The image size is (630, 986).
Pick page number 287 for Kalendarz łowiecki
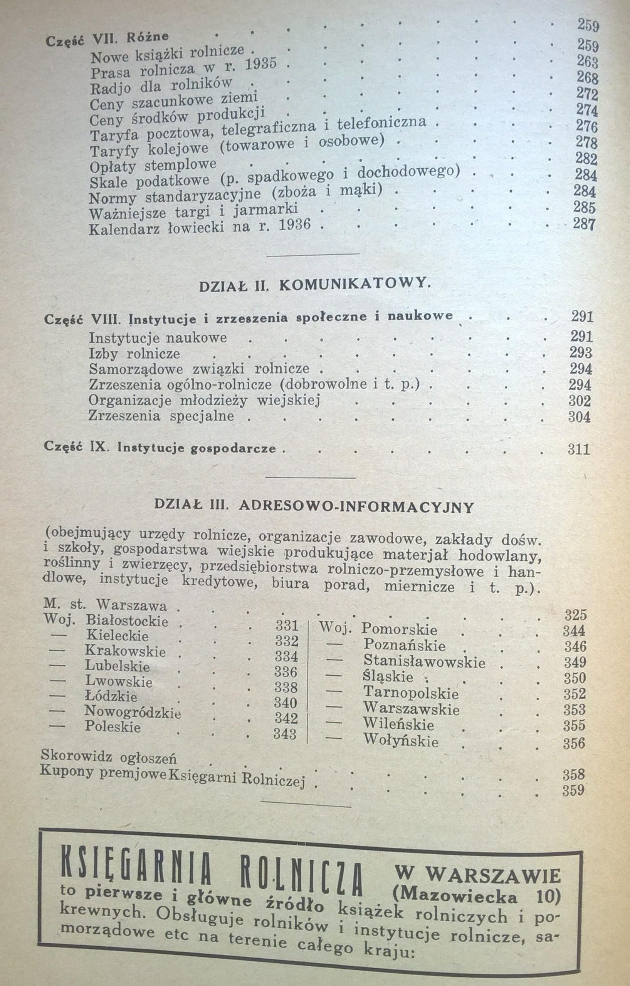click(x=583, y=225)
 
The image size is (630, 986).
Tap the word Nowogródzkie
click(x=133, y=712)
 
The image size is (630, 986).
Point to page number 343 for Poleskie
click(x=285, y=734)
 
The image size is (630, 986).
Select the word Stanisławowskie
click(x=424, y=662)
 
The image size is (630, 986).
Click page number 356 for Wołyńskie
click(x=574, y=743)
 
